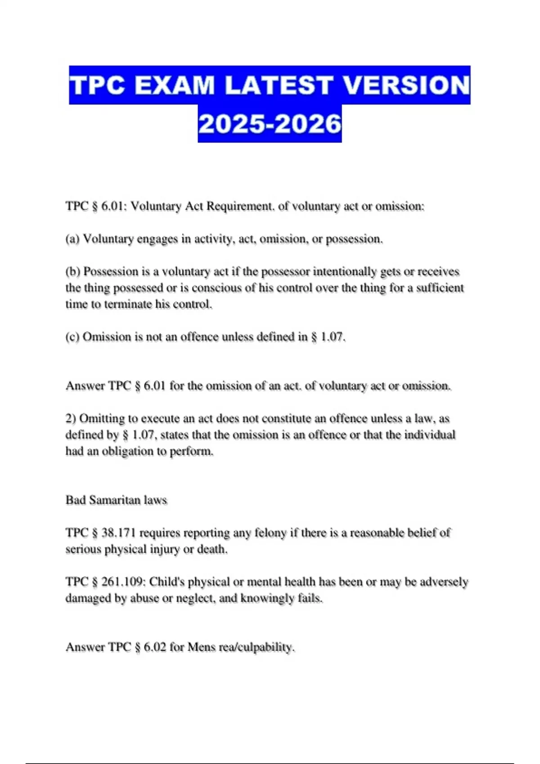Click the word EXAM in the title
(x=174, y=85)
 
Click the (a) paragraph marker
(x=72, y=239)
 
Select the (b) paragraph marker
(x=73, y=272)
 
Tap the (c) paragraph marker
(x=72, y=337)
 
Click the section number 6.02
(x=155, y=647)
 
